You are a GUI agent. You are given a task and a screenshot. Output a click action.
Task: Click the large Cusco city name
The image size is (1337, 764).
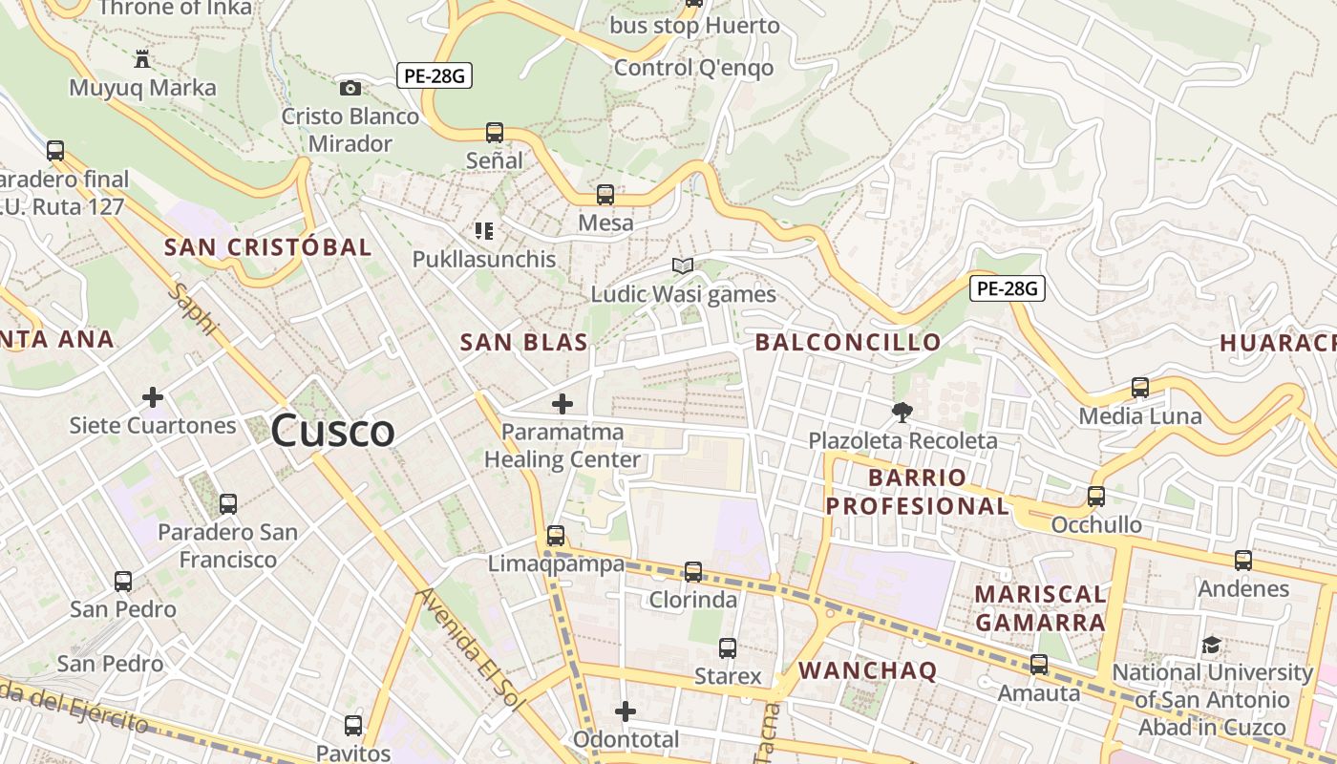coord(332,431)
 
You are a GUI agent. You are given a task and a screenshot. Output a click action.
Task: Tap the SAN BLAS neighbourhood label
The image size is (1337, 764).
coord(523,342)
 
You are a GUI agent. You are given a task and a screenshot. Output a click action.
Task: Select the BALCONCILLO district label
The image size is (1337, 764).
coord(848,342)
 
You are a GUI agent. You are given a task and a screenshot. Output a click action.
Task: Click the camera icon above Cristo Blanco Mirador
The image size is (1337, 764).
coord(350,88)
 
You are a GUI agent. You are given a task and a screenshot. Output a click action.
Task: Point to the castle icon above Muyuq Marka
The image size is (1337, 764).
coord(142,59)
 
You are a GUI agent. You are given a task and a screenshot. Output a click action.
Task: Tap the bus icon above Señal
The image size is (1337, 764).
coord(494,133)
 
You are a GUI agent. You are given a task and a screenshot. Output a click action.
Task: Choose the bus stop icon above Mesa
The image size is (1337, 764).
coord(605,195)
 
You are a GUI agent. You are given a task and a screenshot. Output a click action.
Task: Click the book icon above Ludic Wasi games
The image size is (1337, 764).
coord(682,265)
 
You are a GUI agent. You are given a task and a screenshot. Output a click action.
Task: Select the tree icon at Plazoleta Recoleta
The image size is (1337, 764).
coord(902,413)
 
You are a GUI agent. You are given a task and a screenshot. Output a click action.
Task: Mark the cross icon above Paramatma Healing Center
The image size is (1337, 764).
coord(562,404)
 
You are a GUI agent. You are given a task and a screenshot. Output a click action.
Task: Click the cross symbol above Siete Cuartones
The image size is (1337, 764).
coord(153,396)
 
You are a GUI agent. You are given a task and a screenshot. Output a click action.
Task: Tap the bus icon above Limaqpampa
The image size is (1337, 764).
coord(556,536)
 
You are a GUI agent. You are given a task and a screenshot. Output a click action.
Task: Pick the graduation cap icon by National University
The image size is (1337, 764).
coord(1211,645)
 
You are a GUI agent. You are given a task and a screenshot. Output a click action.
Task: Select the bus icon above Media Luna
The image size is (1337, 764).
coord(1139,388)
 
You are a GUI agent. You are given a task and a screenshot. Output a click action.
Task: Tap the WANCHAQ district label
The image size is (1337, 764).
coord(867,670)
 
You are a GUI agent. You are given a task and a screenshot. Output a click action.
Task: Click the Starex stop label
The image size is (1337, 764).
coord(728,676)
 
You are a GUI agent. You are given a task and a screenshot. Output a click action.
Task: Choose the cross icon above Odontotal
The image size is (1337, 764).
coord(626,711)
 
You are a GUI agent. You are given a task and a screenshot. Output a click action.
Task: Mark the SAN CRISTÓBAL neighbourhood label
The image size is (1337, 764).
coord(267,246)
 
